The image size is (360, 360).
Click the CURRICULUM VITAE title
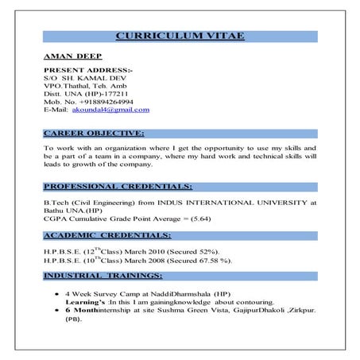pyautogui.click(x=180, y=36)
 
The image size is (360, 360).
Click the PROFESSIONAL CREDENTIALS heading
pyautogui.click(x=118, y=186)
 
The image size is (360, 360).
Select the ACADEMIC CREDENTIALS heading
pyautogui.click(x=107, y=235)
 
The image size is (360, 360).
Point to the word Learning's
pyautogui.click(x=83, y=303)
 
